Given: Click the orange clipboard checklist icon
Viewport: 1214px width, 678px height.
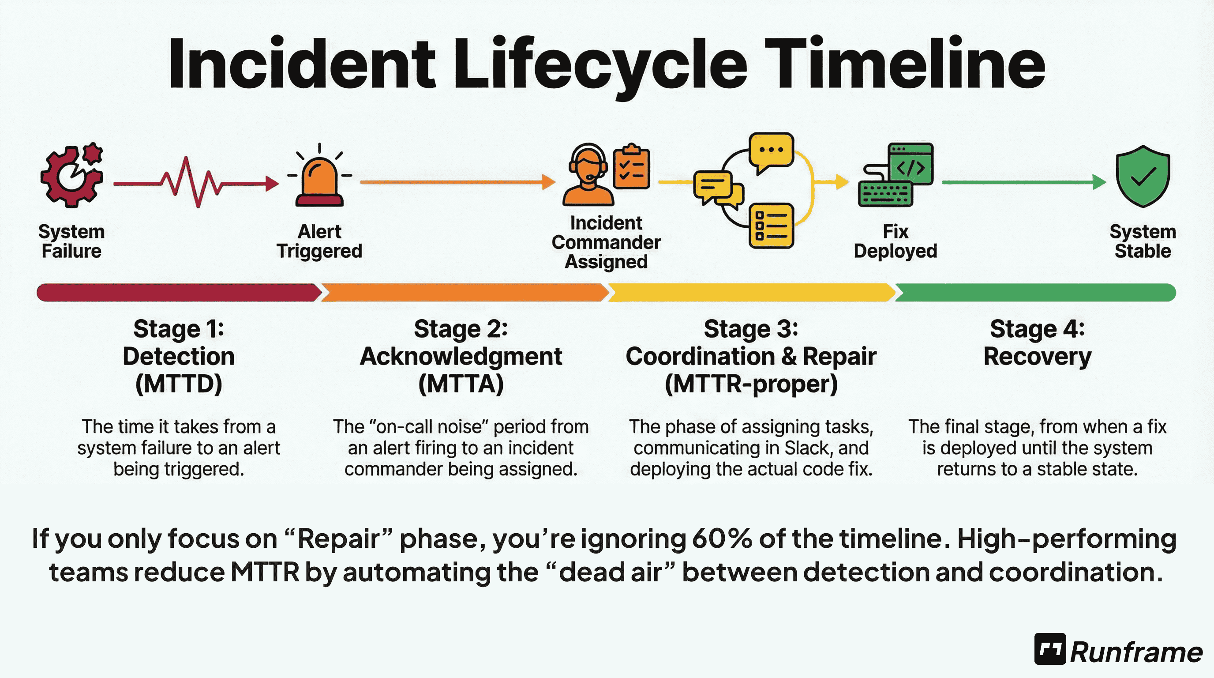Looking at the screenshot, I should tap(632, 167).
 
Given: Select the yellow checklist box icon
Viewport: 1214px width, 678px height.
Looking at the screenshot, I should tap(772, 226).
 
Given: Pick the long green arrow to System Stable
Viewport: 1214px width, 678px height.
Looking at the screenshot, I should tap(1023, 182).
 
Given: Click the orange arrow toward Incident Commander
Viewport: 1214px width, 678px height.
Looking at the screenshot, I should tap(457, 181).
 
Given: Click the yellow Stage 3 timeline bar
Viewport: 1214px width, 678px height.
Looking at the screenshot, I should tap(751, 292).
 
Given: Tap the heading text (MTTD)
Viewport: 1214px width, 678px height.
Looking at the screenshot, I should tap(179, 384).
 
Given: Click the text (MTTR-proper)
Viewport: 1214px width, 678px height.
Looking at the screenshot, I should tap(751, 384).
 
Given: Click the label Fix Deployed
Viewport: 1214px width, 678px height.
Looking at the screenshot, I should tap(895, 241).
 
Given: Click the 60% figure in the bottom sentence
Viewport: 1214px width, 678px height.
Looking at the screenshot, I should tap(722, 539).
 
